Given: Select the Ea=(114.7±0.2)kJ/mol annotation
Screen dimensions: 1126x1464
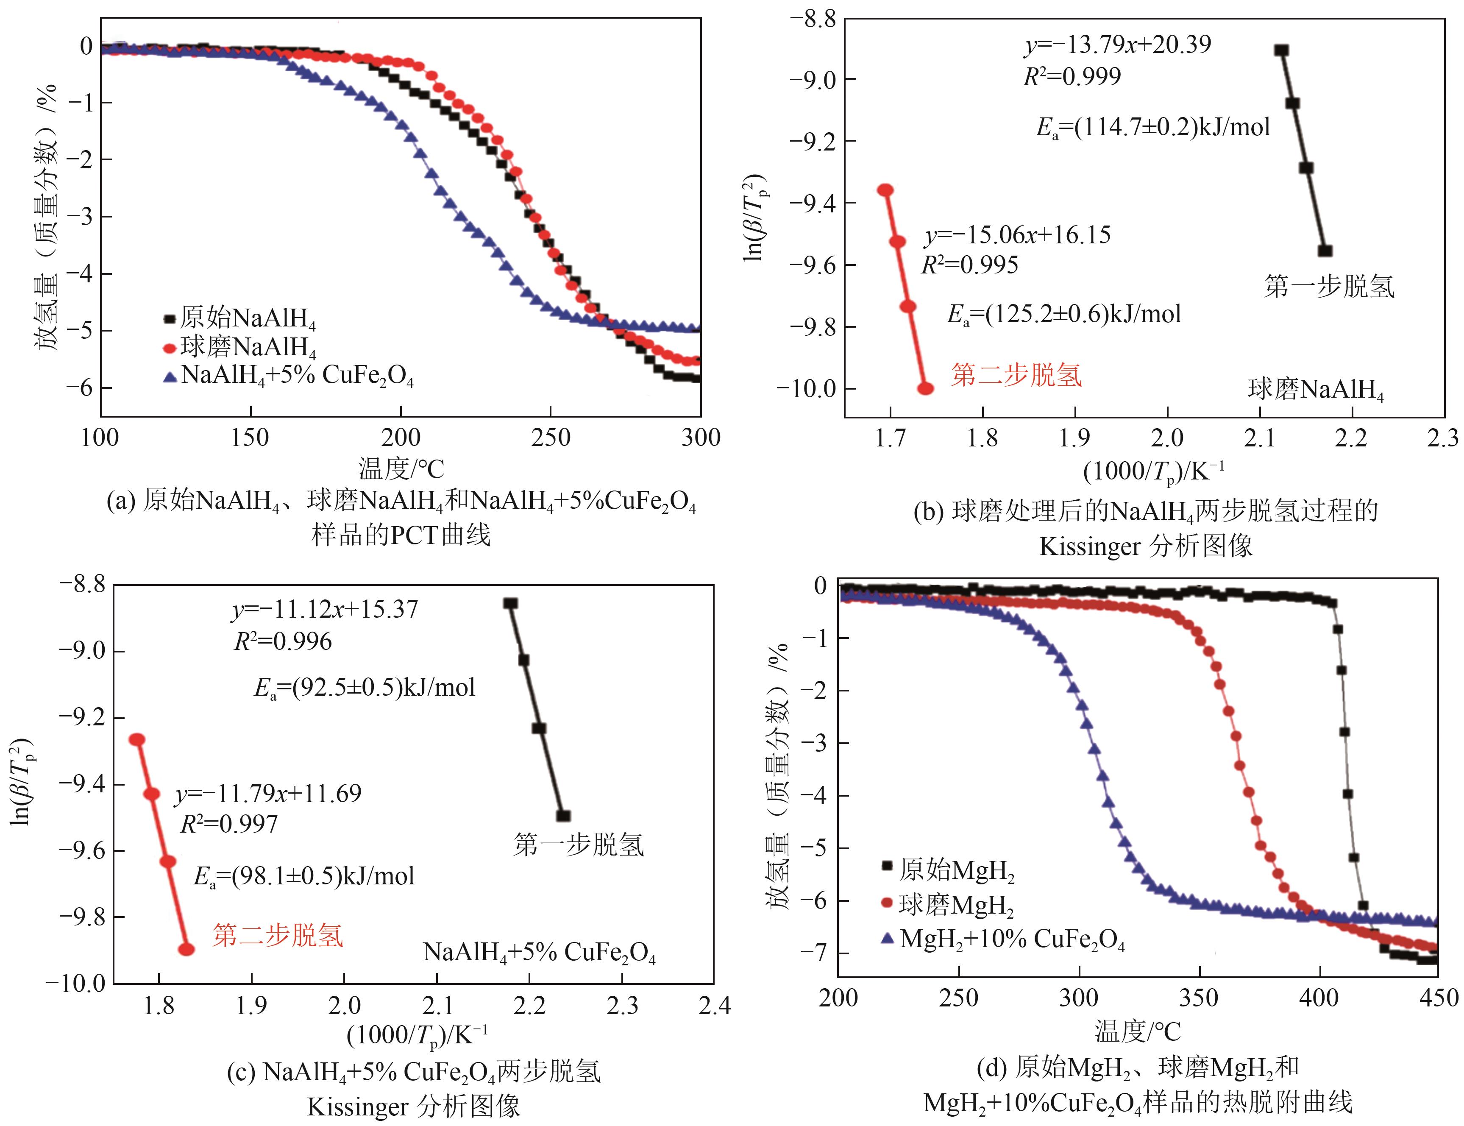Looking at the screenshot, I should (1152, 127).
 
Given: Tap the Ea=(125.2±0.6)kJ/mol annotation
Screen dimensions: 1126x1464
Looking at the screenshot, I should (1064, 314).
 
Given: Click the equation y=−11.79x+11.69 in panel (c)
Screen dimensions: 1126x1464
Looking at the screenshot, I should (268, 794).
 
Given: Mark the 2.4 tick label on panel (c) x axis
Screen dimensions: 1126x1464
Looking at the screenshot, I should (714, 1005).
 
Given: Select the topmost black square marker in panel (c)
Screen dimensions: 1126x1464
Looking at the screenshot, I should (511, 603).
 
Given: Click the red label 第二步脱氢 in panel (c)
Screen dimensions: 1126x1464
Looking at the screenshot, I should (278, 935).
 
